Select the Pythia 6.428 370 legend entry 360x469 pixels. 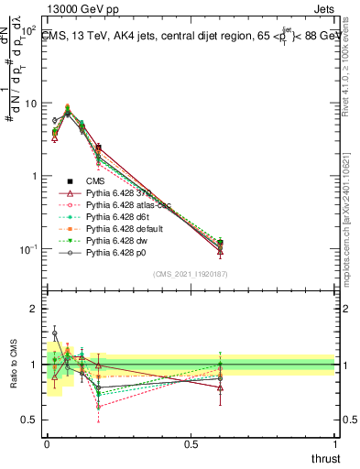pyautogui.click(x=128, y=193)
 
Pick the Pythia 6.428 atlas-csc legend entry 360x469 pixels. pyautogui.click(x=136, y=205)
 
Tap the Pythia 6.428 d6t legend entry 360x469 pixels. pyautogui.click(x=128, y=217)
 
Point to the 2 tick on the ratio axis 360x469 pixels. pyautogui.click(x=32, y=309)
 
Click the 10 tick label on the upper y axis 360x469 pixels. pyautogui.click(x=27, y=103)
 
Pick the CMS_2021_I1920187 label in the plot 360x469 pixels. pyautogui.click(x=189, y=273)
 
